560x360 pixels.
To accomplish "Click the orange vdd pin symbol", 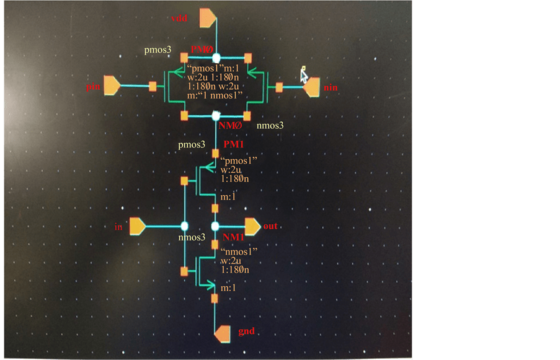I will pyautogui.click(x=207, y=19).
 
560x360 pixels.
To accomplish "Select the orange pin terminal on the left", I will pyautogui.click(x=112, y=86).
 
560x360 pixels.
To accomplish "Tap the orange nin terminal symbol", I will pyautogui.click(x=311, y=87).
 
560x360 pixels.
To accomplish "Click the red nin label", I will pyautogui.click(x=330, y=88).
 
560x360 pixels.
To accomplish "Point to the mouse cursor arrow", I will pyautogui.click(x=303, y=74).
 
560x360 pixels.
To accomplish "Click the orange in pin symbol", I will pyautogui.click(x=138, y=227).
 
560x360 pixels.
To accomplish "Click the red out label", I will pyautogui.click(x=270, y=226).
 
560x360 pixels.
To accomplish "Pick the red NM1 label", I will pyautogui.click(x=233, y=237).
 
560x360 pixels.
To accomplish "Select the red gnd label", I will pyautogui.click(x=246, y=332).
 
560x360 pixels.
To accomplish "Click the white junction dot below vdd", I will pyautogui.click(x=216, y=58).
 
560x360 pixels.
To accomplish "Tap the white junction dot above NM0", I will pyautogui.click(x=216, y=115).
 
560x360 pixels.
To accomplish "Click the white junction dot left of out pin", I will pyautogui.click(x=215, y=226).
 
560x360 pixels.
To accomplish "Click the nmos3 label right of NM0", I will pyautogui.click(x=270, y=125).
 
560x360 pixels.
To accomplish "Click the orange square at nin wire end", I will pyautogui.click(x=279, y=87).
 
